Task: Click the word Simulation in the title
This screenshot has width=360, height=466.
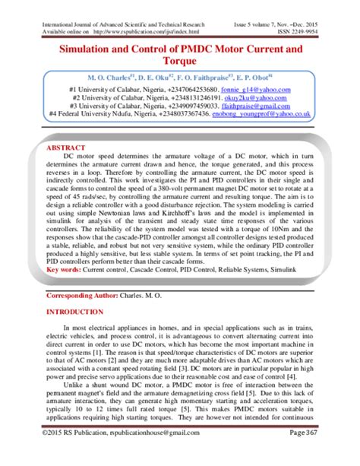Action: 87,49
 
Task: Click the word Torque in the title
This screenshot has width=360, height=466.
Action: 180,64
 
